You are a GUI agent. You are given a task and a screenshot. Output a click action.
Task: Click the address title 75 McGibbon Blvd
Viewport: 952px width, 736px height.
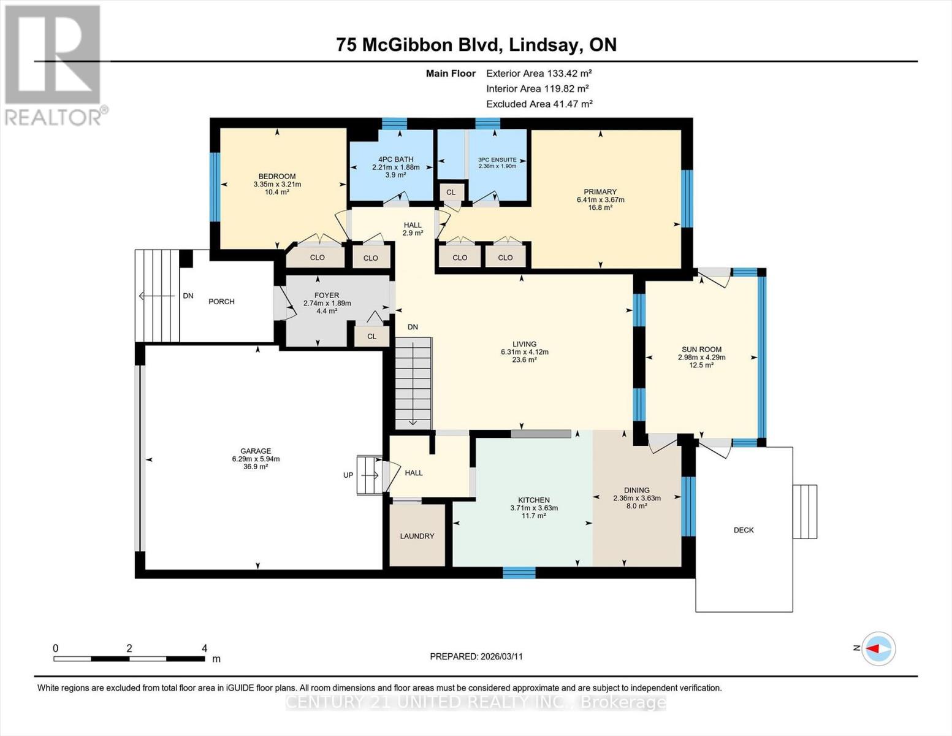click(x=476, y=45)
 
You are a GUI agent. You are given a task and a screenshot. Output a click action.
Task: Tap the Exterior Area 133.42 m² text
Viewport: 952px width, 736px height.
click(x=539, y=73)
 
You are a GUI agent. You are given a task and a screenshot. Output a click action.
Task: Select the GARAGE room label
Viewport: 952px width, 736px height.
click(x=256, y=451)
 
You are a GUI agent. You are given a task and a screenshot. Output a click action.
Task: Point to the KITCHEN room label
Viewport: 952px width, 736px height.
click(x=533, y=500)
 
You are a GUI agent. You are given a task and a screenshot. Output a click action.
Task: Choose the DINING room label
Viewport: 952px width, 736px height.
click(x=636, y=490)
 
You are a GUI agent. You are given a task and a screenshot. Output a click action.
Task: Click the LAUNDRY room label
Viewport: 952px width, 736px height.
click(x=417, y=536)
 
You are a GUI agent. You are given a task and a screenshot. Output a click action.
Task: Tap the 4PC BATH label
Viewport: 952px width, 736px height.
click(x=395, y=159)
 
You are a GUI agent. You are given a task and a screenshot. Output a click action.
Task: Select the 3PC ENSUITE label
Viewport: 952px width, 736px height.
click(x=497, y=159)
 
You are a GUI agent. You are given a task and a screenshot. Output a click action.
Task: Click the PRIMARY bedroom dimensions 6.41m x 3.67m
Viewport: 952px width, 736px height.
click(x=600, y=199)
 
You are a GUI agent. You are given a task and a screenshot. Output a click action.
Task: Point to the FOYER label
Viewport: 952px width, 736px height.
click(x=327, y=295)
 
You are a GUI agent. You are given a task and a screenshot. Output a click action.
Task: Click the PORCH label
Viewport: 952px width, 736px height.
click(x=221, y=301)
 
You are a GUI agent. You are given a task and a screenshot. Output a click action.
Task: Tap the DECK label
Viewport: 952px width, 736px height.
click(x=744, y=530)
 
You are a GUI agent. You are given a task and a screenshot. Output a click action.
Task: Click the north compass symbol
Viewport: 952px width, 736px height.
click(x=878, y=648)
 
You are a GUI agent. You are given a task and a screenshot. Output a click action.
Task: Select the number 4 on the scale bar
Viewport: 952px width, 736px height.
click(x=204, y=648)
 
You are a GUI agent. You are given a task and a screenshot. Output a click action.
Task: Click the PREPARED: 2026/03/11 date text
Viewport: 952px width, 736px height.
click(x=476, y=656)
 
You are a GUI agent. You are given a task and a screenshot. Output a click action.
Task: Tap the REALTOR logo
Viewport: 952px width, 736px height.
click(x=54, y=64)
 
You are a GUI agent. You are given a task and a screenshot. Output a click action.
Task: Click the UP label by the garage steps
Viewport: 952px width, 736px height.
click(x=348, y=475)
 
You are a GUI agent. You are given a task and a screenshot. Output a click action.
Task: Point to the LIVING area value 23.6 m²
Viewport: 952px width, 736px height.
click(x=524, y=360)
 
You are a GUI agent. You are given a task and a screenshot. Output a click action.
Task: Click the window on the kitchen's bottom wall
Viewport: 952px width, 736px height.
click(x=519, y=573)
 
